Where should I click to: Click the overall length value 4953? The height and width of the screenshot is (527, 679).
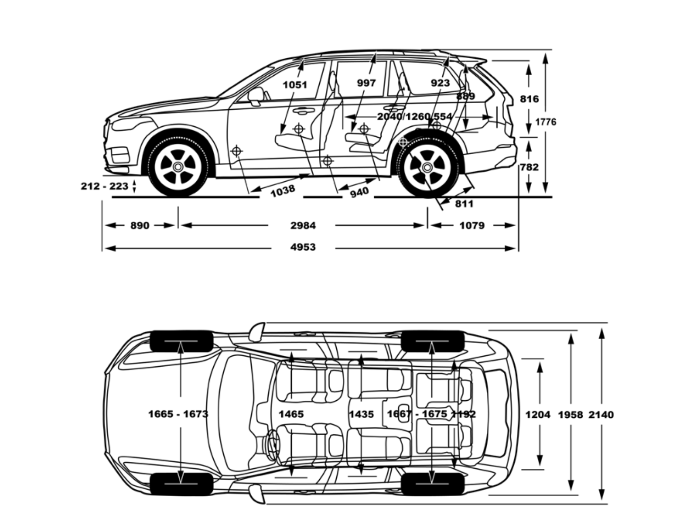tap(303, 247)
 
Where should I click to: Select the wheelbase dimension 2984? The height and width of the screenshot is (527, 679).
tap(303, 225)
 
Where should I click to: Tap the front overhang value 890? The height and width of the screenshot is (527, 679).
tap(140, 225)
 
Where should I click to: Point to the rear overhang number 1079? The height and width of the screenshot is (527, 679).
tap(472, 225)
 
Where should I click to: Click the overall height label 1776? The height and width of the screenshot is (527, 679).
tap(546, 122)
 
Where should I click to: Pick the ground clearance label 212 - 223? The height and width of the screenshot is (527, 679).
tap(104, 186)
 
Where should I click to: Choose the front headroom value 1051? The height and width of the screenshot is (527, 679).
tap(295, 85)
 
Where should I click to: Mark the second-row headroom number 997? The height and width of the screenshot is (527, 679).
tap(366, 83)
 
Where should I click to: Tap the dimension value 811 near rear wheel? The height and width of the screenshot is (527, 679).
tap(464, 204)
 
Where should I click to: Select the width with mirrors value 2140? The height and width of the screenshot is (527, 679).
tap(601, 414)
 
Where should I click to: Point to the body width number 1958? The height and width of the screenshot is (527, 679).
tap(570, 414)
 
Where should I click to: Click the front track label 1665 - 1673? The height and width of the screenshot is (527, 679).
tap(178, 414)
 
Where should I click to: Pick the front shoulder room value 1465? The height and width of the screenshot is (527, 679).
tap(291, 414)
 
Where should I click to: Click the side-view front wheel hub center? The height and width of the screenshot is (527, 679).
tap(178, 167)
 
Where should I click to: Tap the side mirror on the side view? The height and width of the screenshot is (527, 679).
tap(256, 96)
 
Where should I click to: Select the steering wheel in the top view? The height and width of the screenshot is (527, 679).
tap(272, 445)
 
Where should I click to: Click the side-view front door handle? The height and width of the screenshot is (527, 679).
tap(303, 110)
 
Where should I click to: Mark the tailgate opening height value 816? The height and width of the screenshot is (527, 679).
tap(529, 99)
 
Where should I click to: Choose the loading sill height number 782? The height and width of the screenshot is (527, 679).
tap(529, 167)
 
